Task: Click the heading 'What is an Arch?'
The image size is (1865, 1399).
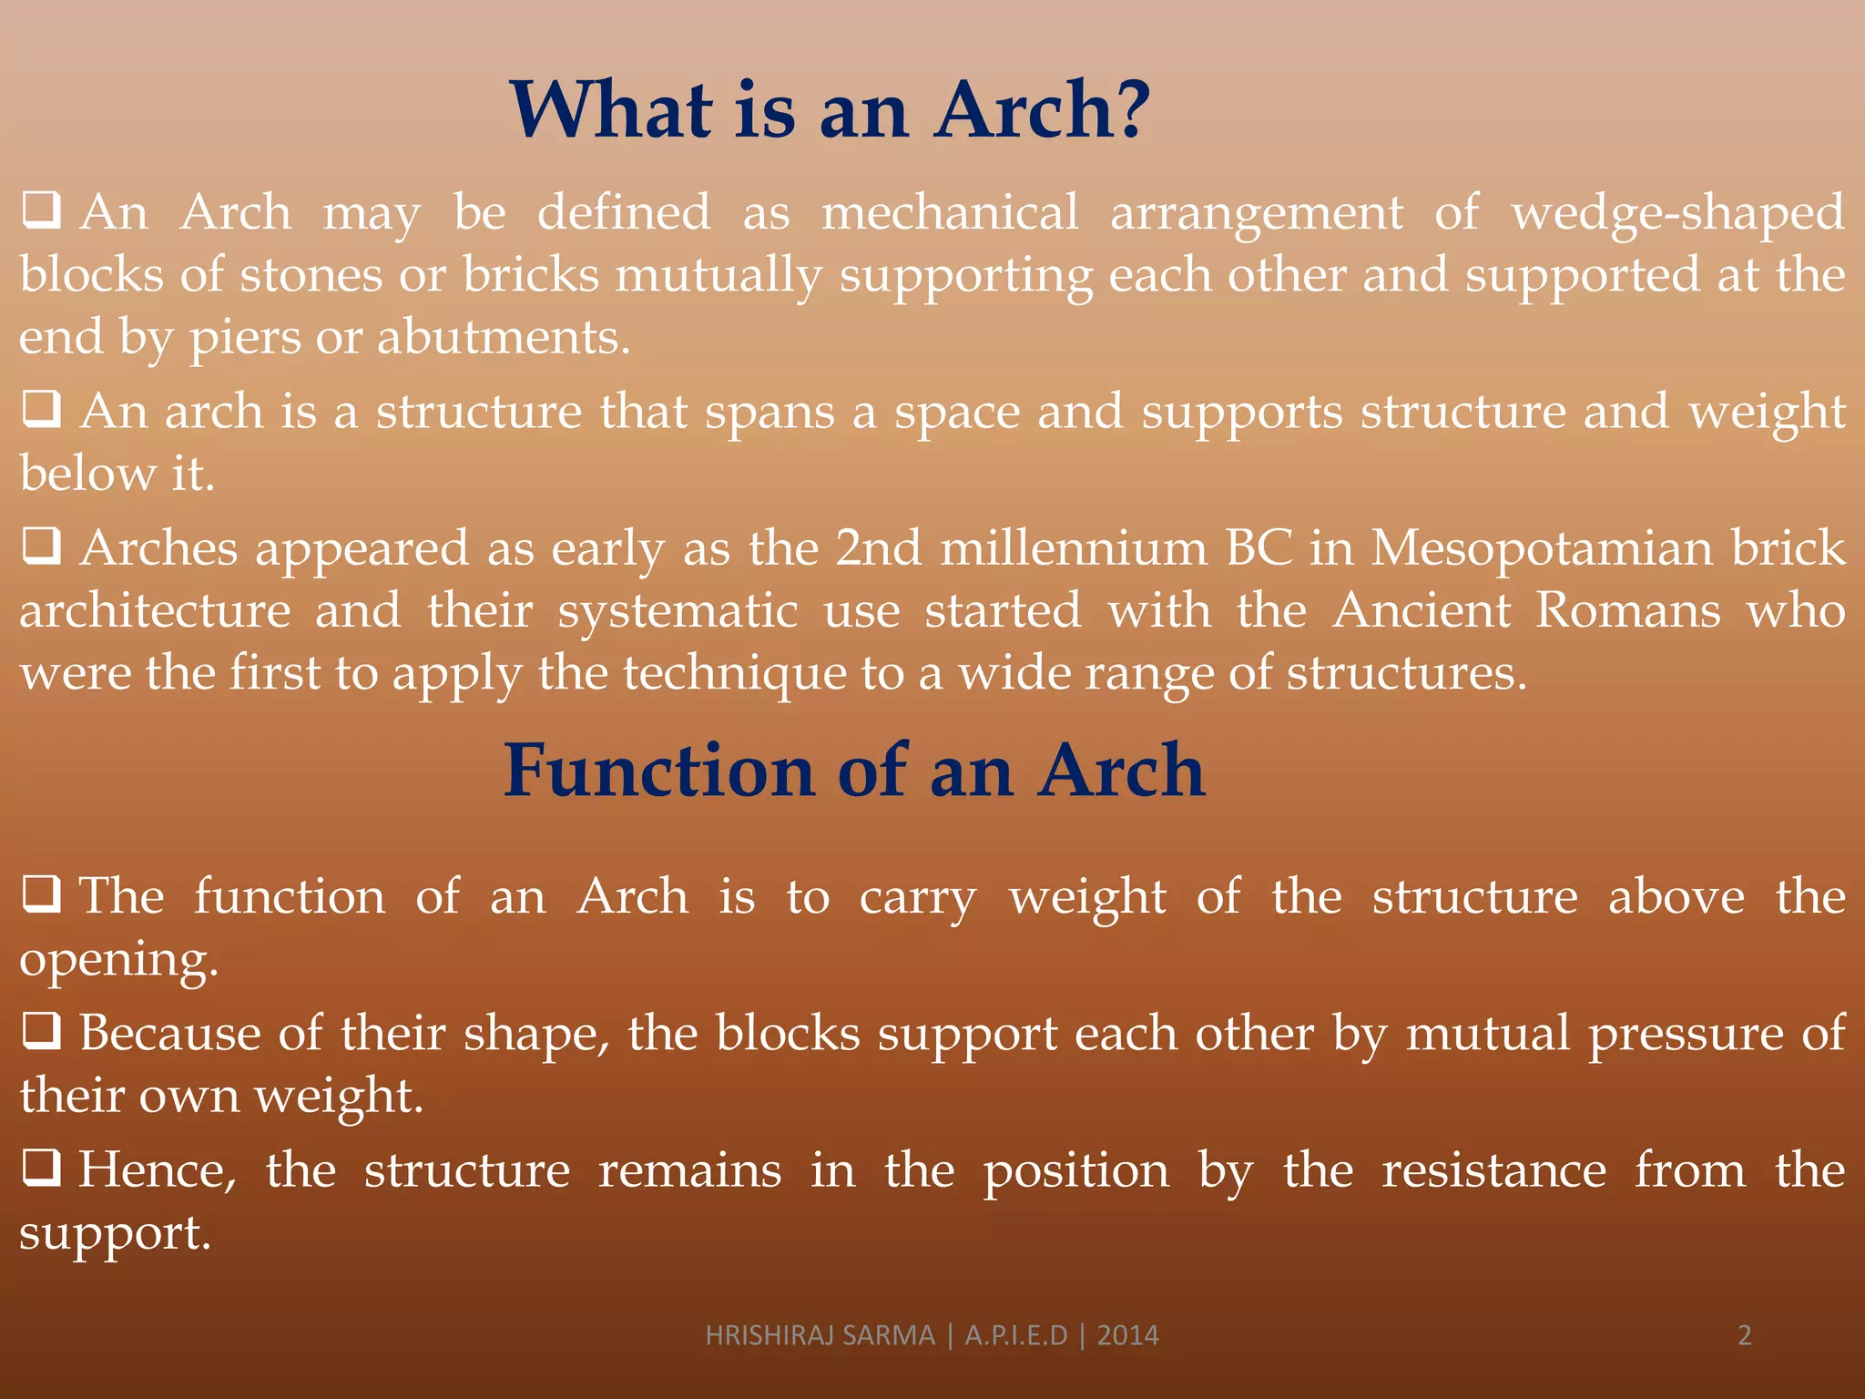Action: click(x=830, y=110)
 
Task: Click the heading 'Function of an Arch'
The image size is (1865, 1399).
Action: click(x=854, y=771)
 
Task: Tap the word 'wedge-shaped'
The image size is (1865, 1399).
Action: click(x=1677, y=213)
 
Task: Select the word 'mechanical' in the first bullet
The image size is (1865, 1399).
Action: click(x=950, y=213)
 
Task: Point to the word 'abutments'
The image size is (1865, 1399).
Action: click(x=503, y=338)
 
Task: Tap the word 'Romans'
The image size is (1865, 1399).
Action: click(x=1628, y=610)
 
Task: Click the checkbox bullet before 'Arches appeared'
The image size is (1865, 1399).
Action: click(x=42, y=546)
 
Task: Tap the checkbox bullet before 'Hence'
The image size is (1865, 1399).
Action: click(x=42, y=1168)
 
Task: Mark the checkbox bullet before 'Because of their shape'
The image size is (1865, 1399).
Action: click(x=42, y=1032)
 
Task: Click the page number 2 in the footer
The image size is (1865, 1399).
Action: click(x=1744, y=1335)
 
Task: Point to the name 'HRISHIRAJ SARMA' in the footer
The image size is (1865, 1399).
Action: click(x=820, y=1335)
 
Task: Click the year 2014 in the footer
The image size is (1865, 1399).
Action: click(x=1127, y=1335)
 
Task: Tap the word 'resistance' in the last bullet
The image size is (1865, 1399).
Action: click(x=1493, y=1171)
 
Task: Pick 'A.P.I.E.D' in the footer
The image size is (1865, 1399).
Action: click(x=1015, y=1335)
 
